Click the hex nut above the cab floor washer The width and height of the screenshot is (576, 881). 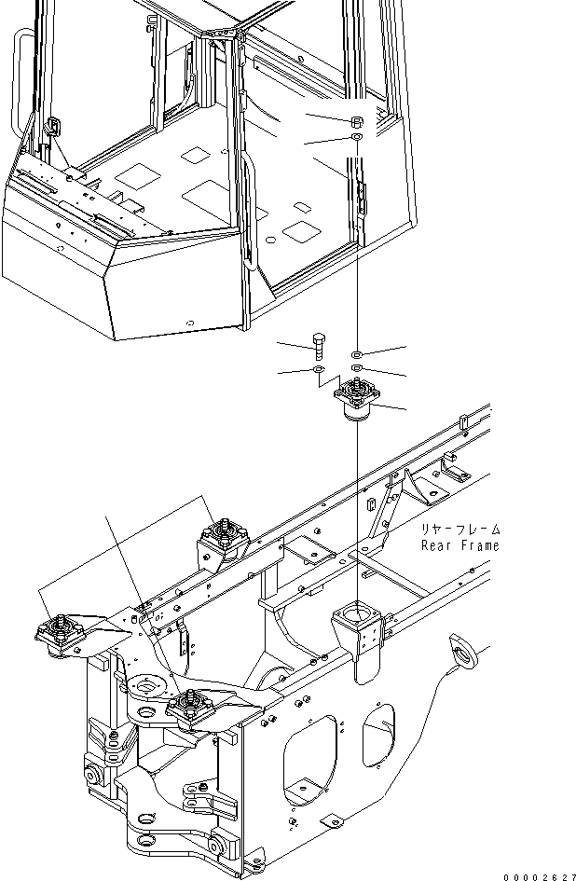pos(358,122)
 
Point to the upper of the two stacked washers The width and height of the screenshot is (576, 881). pos(358,354)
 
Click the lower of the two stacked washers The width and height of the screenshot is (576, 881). pos(358,369)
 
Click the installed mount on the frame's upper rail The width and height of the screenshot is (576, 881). pos(225,541)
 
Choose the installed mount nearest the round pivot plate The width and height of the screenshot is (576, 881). pos(190,709)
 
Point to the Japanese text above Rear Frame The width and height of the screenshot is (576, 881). pos(459,530)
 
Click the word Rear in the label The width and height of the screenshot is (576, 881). pos(435,545)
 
